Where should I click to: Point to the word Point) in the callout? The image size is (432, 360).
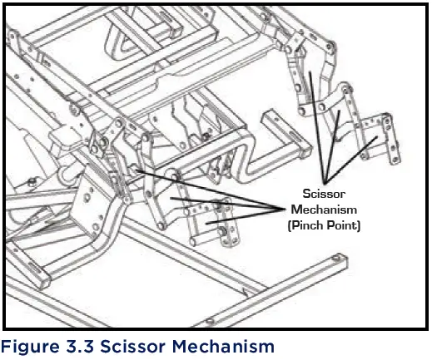click(x=343, y=224)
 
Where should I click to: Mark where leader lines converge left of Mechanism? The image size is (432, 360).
click(x=280, y=210)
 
